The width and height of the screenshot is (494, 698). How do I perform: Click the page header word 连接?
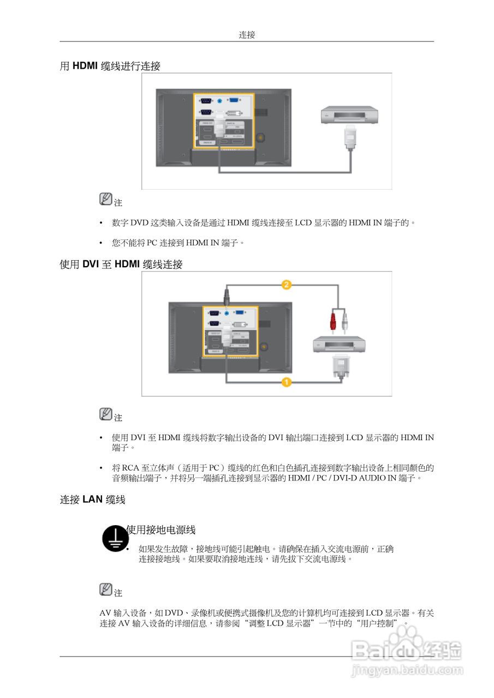coord(247,35)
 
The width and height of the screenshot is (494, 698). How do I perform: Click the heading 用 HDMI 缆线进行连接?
coord(110,66)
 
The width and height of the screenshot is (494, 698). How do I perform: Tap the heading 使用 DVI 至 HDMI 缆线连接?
coord(121,264)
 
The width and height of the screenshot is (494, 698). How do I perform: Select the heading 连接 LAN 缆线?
coord(92,500)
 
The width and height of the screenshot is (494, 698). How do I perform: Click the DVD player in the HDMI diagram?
coord(349,116)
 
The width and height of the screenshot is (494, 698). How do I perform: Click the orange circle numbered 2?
coord(287,284)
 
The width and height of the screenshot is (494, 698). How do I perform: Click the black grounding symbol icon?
coord(115,538)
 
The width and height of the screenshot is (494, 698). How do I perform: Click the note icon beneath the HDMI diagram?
coord(106,200)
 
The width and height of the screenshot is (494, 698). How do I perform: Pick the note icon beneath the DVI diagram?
coord(106,414)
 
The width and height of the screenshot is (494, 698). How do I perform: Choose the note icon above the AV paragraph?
coord(106,589)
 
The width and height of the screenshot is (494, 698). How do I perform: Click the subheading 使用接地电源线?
coord(161,529)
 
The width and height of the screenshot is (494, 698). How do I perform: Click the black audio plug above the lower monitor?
coord(227,298)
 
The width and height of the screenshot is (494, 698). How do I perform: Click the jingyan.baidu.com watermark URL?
coord(407,669)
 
